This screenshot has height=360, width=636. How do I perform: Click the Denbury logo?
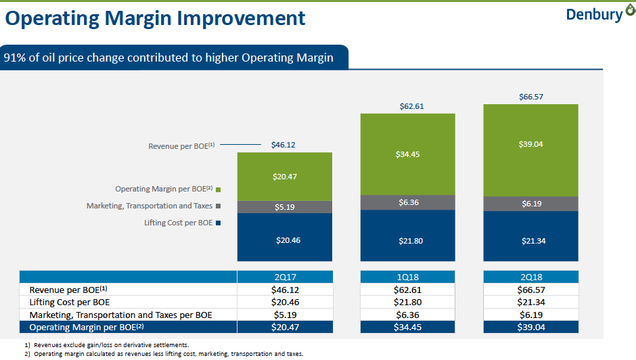click(x=595, y=14)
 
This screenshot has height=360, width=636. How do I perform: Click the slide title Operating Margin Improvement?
click(x=155, y=18)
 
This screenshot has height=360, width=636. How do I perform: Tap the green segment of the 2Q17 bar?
click(x=284, y=176)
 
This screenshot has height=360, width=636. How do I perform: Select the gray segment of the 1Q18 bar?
click(x=407, y=202)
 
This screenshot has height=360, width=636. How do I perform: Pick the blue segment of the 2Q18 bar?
click(x=530, y=236)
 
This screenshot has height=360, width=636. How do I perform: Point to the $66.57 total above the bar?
click(x=530, y=97)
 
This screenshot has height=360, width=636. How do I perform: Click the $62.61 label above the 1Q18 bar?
click(x=407, y=106)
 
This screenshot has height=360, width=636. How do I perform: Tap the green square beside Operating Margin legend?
click(x=219, y=189)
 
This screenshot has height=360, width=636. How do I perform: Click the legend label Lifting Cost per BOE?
click(x=178, y=223)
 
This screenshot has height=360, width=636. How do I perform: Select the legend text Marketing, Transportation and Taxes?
click(x=149, y=206)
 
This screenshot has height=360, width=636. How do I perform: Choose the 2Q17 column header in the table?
click(x=284, y=277)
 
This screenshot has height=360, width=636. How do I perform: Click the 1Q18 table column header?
click(x=407, y=277)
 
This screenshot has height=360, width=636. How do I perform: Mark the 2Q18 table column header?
click(x=530, y=277)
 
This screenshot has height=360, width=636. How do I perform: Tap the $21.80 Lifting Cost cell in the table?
click(x=407, y=302)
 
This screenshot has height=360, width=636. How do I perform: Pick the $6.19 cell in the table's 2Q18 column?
click(x=530, y=315)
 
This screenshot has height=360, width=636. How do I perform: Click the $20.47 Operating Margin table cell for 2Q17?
click(x=284, y=327)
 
